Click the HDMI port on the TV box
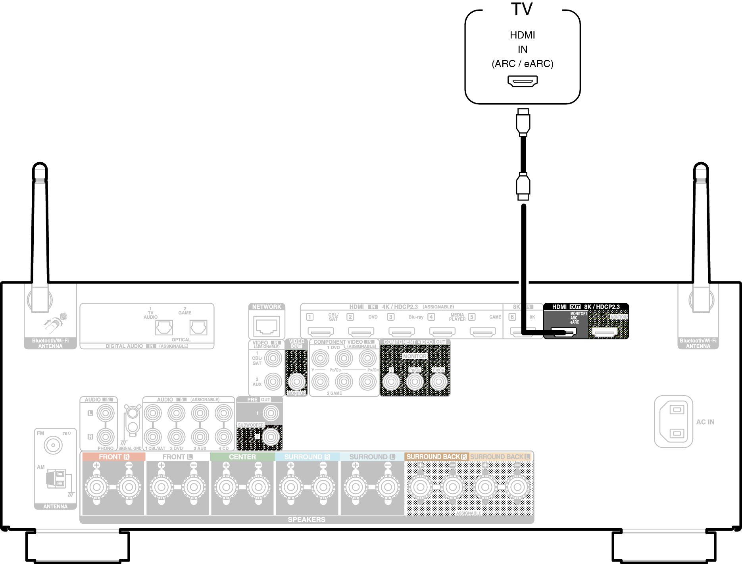(523, 81)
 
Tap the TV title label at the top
(521, 10)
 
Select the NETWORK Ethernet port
(267, 326)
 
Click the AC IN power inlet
(673, 421)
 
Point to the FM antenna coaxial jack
(53, 445)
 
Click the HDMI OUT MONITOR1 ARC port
(564, 332)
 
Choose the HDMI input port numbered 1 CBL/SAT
(321, 331)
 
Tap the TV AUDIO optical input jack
(164, 328)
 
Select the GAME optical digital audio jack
(198, 328)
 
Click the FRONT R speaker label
(114, 457)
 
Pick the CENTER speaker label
(242, 457)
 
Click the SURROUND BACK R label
(436, 457)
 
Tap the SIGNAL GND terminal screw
(133, 413)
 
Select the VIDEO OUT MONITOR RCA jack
(296, 382)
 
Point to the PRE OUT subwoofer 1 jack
(271, 413)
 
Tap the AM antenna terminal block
(56, 478)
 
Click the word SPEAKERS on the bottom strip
(306, 520)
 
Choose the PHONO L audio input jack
(106, 413)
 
